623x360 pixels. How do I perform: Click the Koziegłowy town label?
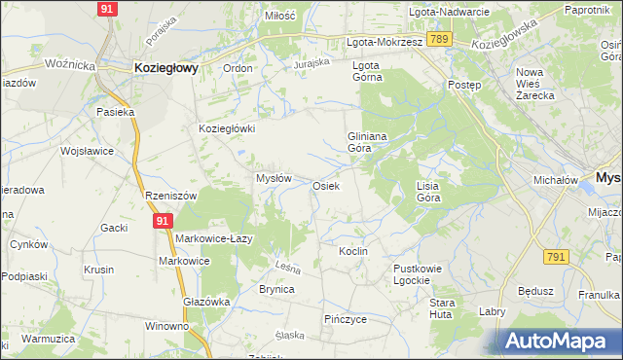[165, 68]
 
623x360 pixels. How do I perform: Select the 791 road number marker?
[556, 257]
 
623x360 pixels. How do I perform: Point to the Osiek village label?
[325, 186]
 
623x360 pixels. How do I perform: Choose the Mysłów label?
[274, 179]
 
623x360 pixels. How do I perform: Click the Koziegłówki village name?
[226, 128]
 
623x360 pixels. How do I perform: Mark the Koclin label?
[352, 251]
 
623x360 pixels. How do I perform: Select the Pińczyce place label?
[346, 319]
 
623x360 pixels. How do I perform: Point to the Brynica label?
[276, 290]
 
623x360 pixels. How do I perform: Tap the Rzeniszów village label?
[171, 196]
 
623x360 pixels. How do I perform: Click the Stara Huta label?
[442, 308]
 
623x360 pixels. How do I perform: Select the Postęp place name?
[464, 85]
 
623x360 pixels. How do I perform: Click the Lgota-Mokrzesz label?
[385, 44]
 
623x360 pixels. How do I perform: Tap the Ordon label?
[238, 68]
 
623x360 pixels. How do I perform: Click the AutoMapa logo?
[562, 342]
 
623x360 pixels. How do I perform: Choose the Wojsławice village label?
[88, 152]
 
